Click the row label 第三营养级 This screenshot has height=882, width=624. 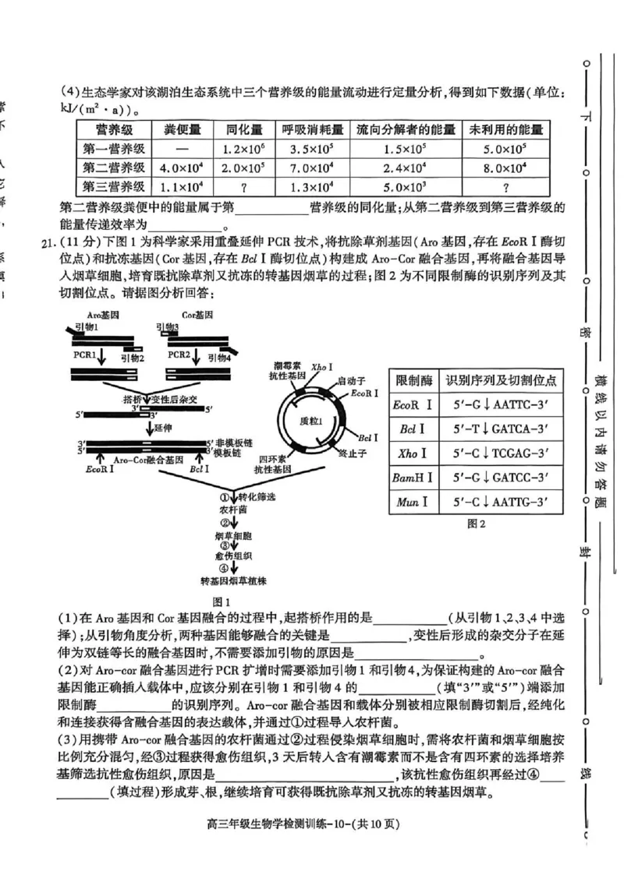pyautogui.click(x=114, y=187)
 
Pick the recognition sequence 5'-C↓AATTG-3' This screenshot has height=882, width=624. pyautogui.click(x=499, y=502)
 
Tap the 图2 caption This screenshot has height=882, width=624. pyautogui.click(x=476, y=524)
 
